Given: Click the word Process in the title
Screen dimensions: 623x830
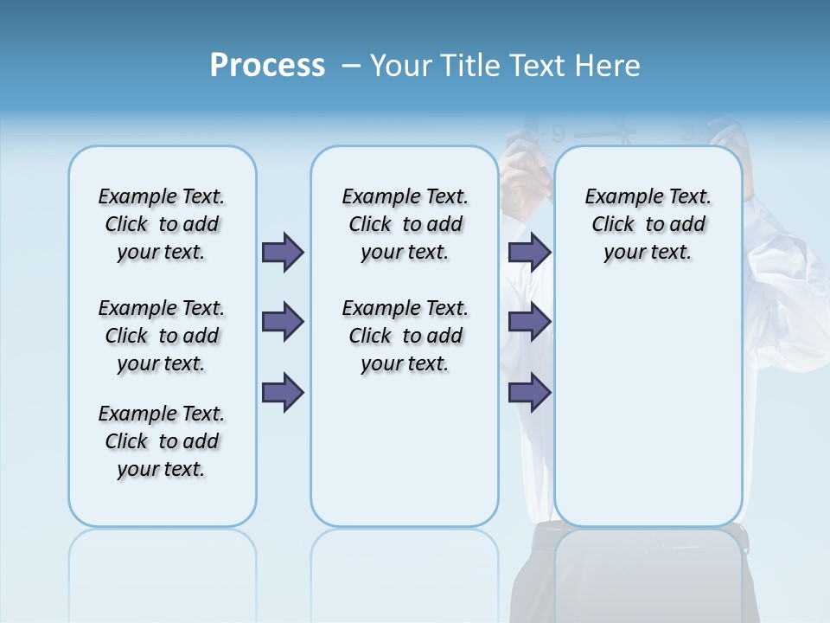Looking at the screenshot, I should click(267, 66).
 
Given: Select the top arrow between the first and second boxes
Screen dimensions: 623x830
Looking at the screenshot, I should click(283, 252).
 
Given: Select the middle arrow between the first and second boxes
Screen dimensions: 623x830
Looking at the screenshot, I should click(283, 322).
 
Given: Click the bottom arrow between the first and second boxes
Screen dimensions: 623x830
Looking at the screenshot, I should click(283, 393).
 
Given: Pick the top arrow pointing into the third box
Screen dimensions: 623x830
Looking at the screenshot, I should click(529, 252).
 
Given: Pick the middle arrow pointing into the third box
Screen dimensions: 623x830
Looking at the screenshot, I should click(529, 322).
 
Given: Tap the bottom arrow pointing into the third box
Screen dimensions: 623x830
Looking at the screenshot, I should click(529, 393).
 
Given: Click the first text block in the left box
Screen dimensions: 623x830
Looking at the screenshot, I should click(162, 224).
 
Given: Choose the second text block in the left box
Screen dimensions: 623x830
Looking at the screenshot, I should click(162, 336).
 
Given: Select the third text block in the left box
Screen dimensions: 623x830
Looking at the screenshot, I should click(162, 441).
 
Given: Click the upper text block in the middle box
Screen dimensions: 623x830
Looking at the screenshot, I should click(405, 224).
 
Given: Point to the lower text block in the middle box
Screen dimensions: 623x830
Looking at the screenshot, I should click(405, 336).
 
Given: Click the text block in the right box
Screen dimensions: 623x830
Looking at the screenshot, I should click(648, 224).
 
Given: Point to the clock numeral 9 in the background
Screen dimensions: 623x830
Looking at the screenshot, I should click(559, 134).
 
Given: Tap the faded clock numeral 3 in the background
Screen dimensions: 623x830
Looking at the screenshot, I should click(688, 132).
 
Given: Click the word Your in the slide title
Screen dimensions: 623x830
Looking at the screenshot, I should click(399, 66).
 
